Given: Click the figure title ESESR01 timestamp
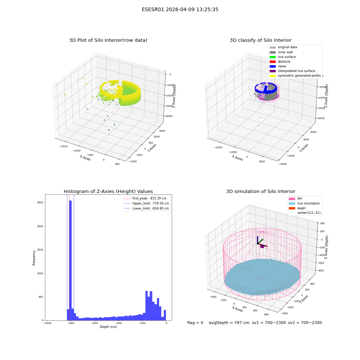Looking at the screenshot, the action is [x=180, y=9].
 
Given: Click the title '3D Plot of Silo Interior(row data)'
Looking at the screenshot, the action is [x=108, y=40].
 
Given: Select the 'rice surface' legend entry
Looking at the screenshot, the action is [x=283, y=57].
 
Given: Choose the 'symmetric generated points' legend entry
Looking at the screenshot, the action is [x=295, y=76].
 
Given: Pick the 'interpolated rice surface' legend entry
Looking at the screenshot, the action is [x=292, y=71].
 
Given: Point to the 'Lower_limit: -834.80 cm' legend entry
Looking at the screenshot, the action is [x=147, y=208].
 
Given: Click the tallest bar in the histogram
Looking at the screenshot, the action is [x=70, y=260].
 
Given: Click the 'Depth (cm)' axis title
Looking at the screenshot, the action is [x=108, y=327].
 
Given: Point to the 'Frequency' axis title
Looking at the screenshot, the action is [x=34, y=258].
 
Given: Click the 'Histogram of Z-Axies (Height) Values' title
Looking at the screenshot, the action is [x=108, y=192].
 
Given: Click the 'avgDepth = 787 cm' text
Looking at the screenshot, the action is [x=229, y=323].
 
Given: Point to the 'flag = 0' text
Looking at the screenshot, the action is [x=195, y=323].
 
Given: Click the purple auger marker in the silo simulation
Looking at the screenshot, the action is [x=262, y=246].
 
